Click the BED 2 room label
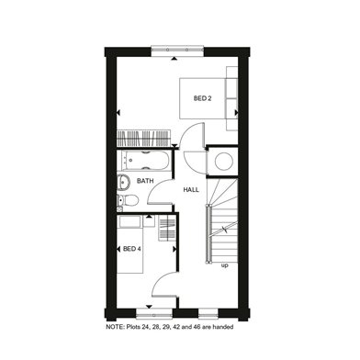202,98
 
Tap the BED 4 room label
131,249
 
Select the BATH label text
145,181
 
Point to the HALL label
191,190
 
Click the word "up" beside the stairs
225,265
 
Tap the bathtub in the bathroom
145,161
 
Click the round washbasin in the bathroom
124,182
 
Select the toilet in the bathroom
128,200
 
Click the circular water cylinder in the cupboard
224,161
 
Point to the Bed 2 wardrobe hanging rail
143,139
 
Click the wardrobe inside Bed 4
167,228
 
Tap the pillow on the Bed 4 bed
129,222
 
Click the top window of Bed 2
177,51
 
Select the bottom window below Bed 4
154,314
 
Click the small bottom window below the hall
208,314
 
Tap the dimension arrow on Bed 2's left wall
118,113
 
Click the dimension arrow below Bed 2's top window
174,58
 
